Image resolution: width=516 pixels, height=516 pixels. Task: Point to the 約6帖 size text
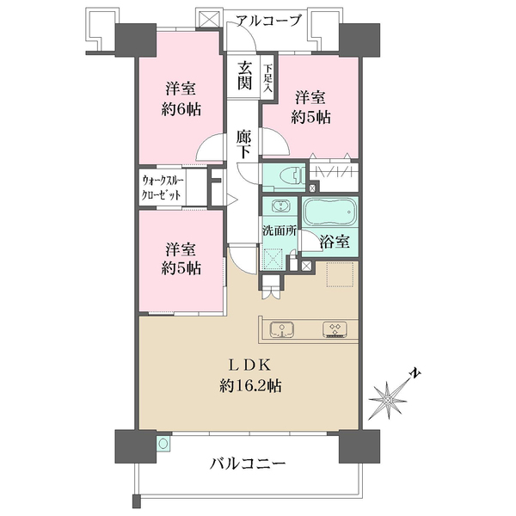click(x=182, y=109)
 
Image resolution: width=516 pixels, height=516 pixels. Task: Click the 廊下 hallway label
click(x=244, y=144)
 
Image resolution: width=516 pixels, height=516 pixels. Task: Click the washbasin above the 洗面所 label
click(x=279, y=207)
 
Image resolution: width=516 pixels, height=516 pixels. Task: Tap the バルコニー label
click(x=248, y=464)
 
